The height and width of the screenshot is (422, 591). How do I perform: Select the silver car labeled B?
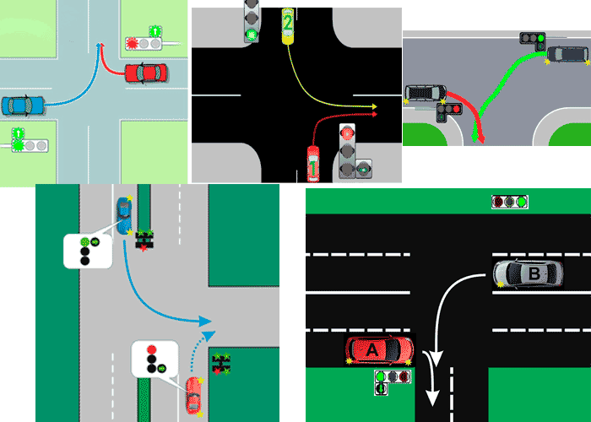point(528,273)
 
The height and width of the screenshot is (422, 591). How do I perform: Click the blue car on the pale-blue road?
point(23,105)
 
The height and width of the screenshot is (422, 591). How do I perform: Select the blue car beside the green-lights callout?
point(124,215)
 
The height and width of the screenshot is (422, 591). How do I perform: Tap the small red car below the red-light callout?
point(193,393)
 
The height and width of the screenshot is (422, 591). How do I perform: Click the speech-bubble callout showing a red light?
point(152,358)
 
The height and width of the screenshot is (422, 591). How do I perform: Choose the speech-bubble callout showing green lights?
point(87,251)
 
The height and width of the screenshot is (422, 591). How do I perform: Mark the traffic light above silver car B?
point(510,202)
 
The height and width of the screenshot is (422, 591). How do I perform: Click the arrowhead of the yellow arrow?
point(373,106)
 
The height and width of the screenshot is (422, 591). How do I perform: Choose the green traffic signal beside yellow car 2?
point(252,34)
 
